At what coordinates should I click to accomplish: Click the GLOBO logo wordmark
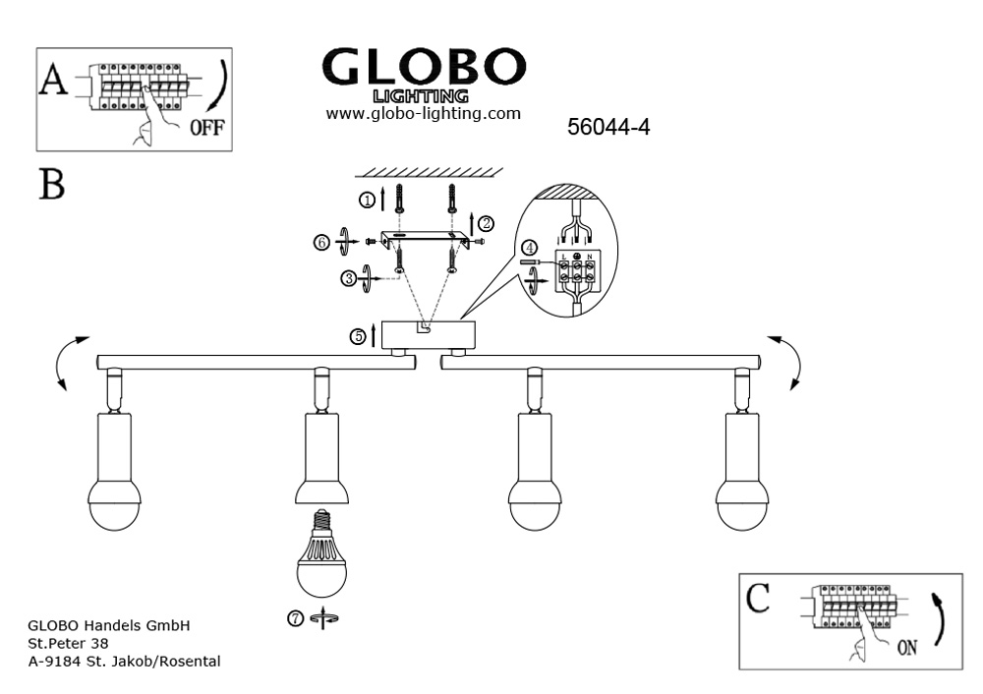pyautogui.click(x=424, y=67)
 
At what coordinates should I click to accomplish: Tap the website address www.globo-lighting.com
pyautogui.click(x=423, y=114)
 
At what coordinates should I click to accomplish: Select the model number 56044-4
pyautogui.click(x=609, y=127)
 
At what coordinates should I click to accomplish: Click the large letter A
pyautogui.click(x=52, y=82)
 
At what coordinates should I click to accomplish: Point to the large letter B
pyautogui.click(x=52, y=183)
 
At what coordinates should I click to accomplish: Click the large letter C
pyautogui.click(x=758, y=599)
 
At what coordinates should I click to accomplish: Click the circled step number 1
pyautogui.click(x=367, y=201)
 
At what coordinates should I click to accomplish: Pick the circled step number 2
pyautogui.click(x=486, y=223)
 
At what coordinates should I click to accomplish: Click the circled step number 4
pyautogui.click(x=530, y=247)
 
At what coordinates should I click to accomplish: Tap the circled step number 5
pyautogui.click(x=359, y=337)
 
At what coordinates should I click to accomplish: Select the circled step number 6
pyautogui.click(x=321, y=241)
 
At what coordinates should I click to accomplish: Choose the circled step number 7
pyautogui.click(x=296, y=617)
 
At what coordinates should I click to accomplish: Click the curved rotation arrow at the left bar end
pyautogui.click(x=66, y=361)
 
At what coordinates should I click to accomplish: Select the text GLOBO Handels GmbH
pyautogui.click(x=108, y=624)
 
